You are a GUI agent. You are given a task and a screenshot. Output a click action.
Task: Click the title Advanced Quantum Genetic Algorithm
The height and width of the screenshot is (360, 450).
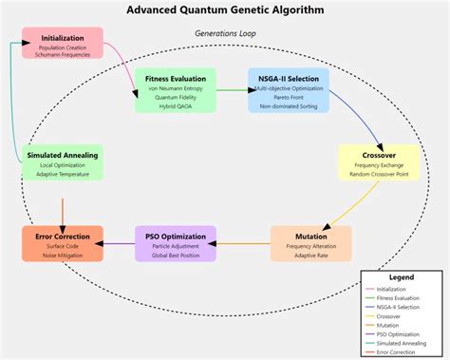224,10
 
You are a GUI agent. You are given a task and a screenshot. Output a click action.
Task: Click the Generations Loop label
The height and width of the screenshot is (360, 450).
225,33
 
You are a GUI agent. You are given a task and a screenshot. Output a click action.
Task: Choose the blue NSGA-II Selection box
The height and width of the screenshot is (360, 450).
288,90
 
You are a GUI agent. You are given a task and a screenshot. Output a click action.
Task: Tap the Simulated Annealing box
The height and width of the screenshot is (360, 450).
62,162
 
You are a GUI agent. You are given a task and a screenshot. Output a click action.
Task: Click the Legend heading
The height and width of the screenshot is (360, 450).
402,278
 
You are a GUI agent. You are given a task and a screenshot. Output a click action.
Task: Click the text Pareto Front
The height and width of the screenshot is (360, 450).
288,98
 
